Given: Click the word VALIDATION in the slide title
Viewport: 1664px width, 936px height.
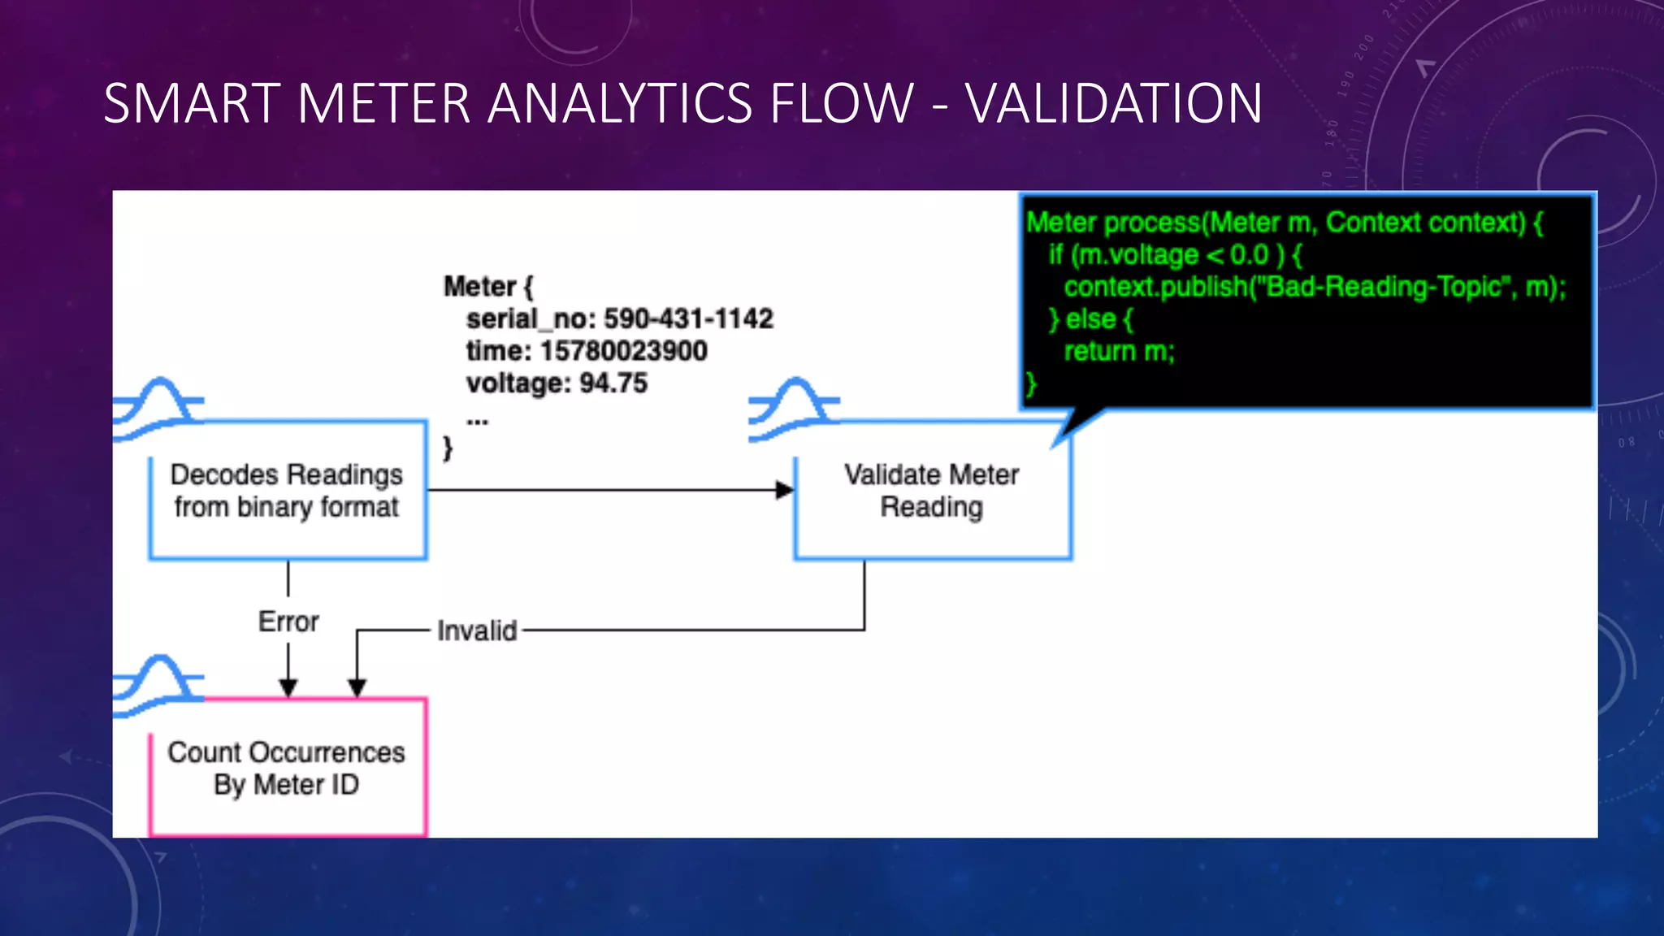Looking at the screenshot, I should (1114, 104).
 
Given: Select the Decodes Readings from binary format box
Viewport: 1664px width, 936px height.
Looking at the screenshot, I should (288, 491).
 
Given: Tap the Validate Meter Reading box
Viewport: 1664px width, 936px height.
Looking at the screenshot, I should (932, 491).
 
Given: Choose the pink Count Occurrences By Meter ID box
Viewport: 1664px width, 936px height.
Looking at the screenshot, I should (288, 769).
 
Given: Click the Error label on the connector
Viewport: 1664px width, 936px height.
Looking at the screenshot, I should (288, 622).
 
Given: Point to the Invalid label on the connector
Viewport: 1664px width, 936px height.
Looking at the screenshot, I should (477, 630).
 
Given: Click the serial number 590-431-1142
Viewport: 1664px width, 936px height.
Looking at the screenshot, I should (688, 318).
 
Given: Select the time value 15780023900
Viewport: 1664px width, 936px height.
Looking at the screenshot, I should (623, 351).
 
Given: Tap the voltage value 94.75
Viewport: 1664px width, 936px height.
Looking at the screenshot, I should (613, 383).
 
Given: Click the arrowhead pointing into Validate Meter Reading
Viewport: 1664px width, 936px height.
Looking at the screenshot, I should (784, 490).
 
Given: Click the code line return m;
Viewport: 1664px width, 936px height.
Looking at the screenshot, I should (1120, 351).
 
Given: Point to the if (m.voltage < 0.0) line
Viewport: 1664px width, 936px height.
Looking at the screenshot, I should (1175, 255).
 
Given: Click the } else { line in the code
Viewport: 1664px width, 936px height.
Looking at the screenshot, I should (1090, 319).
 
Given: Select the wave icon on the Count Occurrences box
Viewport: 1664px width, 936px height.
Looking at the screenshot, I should (158, 686).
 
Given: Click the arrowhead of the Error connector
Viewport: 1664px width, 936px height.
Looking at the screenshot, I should (288, 688).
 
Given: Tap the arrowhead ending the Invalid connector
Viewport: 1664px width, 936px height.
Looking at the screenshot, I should (357, 688).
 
